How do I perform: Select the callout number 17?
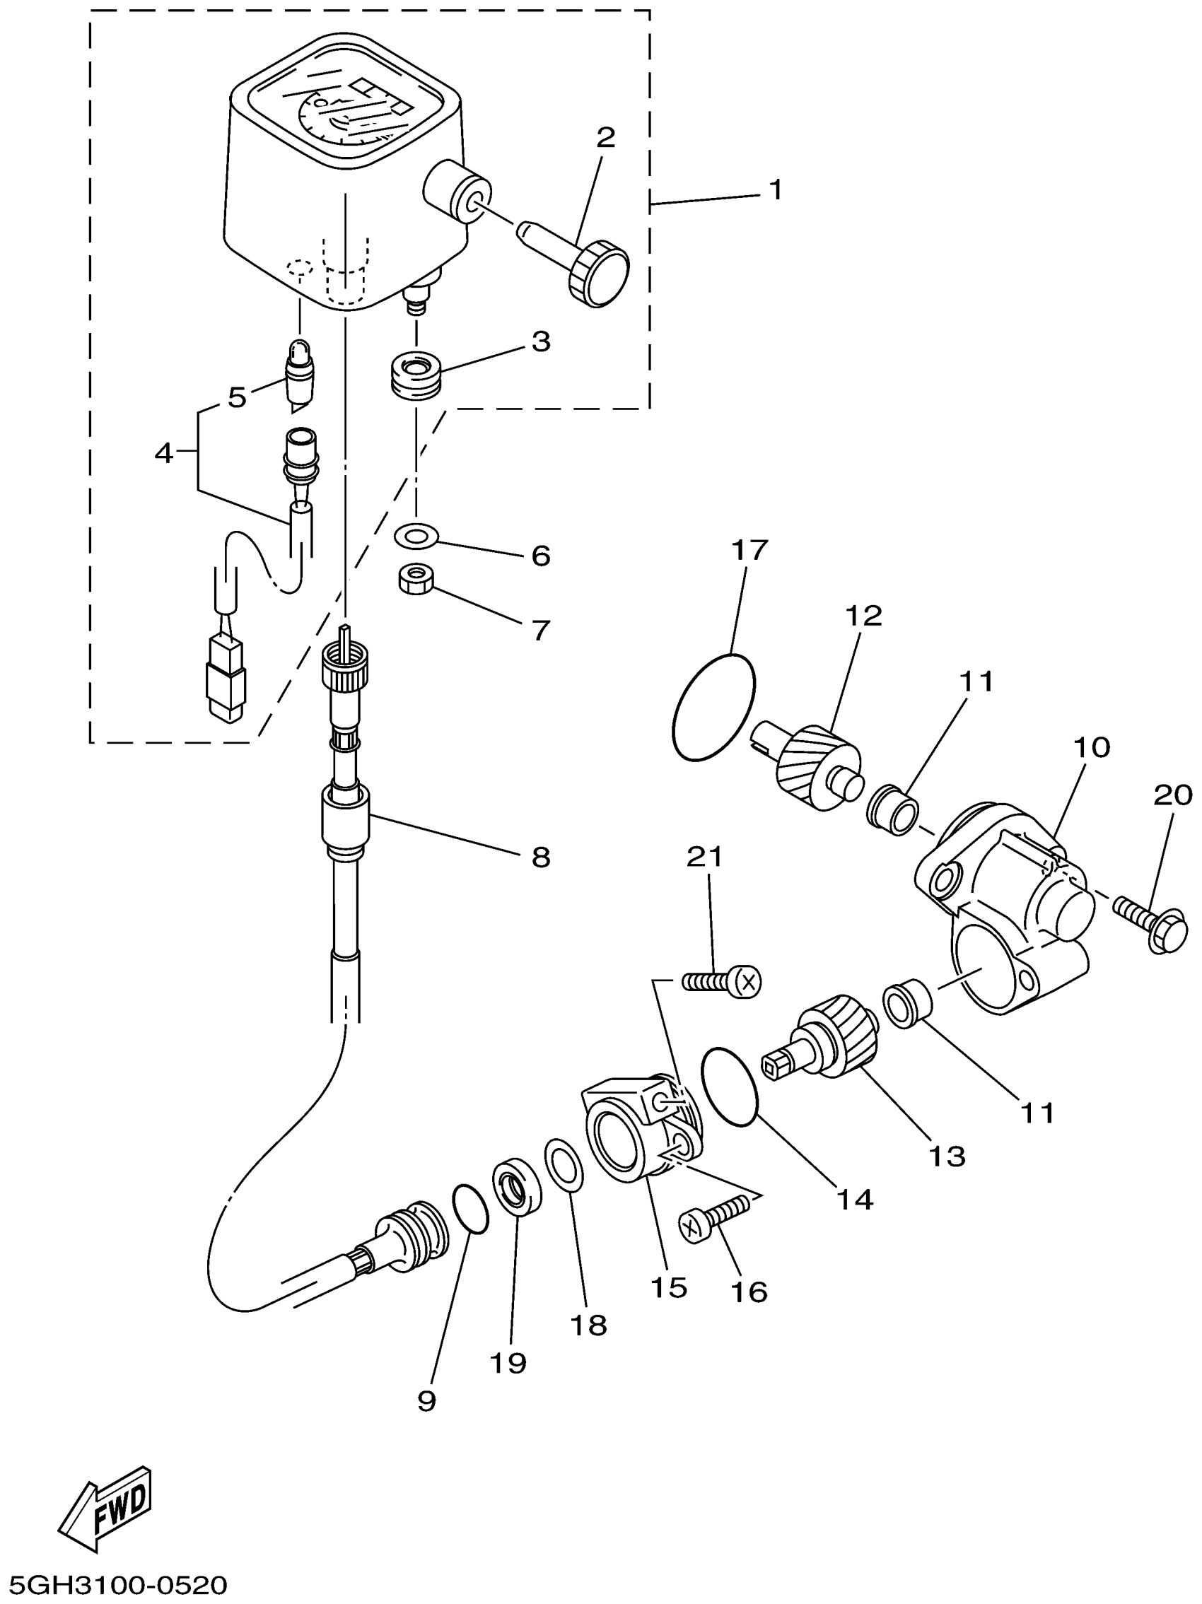point(749,551)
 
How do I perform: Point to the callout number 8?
point(540,857)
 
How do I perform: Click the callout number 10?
point(1090,748)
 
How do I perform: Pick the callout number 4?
point(164,454)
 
